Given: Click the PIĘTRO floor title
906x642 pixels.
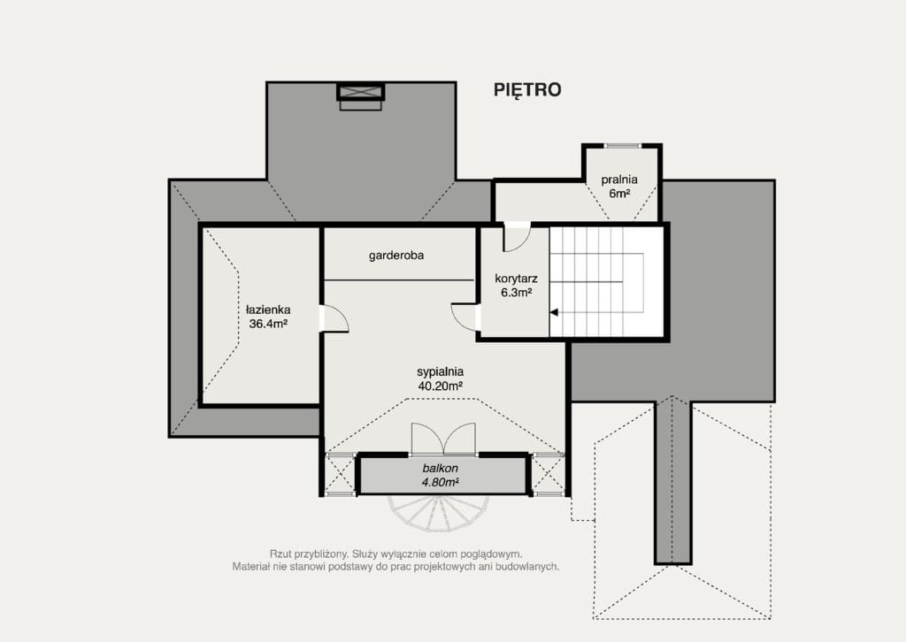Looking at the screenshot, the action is (527, 90).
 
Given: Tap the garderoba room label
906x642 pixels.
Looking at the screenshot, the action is (396, 256).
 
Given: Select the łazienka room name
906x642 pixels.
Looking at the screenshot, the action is (268, 310).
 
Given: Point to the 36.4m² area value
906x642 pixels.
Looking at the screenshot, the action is (268, 324).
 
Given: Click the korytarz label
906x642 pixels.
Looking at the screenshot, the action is (516, 279).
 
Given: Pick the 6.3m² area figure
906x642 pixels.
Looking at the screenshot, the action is (516, 293).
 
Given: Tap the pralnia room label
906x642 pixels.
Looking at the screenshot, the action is (618, 180).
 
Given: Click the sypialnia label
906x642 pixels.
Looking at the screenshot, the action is (441, 372).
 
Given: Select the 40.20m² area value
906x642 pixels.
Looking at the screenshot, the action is (441, 386).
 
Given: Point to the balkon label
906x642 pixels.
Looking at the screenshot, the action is (441, 469).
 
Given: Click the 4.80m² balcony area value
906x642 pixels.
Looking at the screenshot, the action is (441, 482).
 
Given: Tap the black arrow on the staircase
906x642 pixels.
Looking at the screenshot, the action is (554, 312).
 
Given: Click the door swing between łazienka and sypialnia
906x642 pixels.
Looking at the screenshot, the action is (334, 318).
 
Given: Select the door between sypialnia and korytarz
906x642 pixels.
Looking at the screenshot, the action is (465, 317).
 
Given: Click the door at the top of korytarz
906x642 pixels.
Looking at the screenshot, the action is (517, 237).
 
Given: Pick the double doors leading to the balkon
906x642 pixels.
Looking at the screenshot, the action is (443, 439).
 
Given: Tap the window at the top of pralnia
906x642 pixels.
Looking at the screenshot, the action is (622, 146).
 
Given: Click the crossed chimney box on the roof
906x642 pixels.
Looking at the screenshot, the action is (361, 92).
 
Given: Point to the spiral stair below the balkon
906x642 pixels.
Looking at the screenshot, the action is (438, 513).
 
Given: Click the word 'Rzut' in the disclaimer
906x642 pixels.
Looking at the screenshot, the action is (280, 554).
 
